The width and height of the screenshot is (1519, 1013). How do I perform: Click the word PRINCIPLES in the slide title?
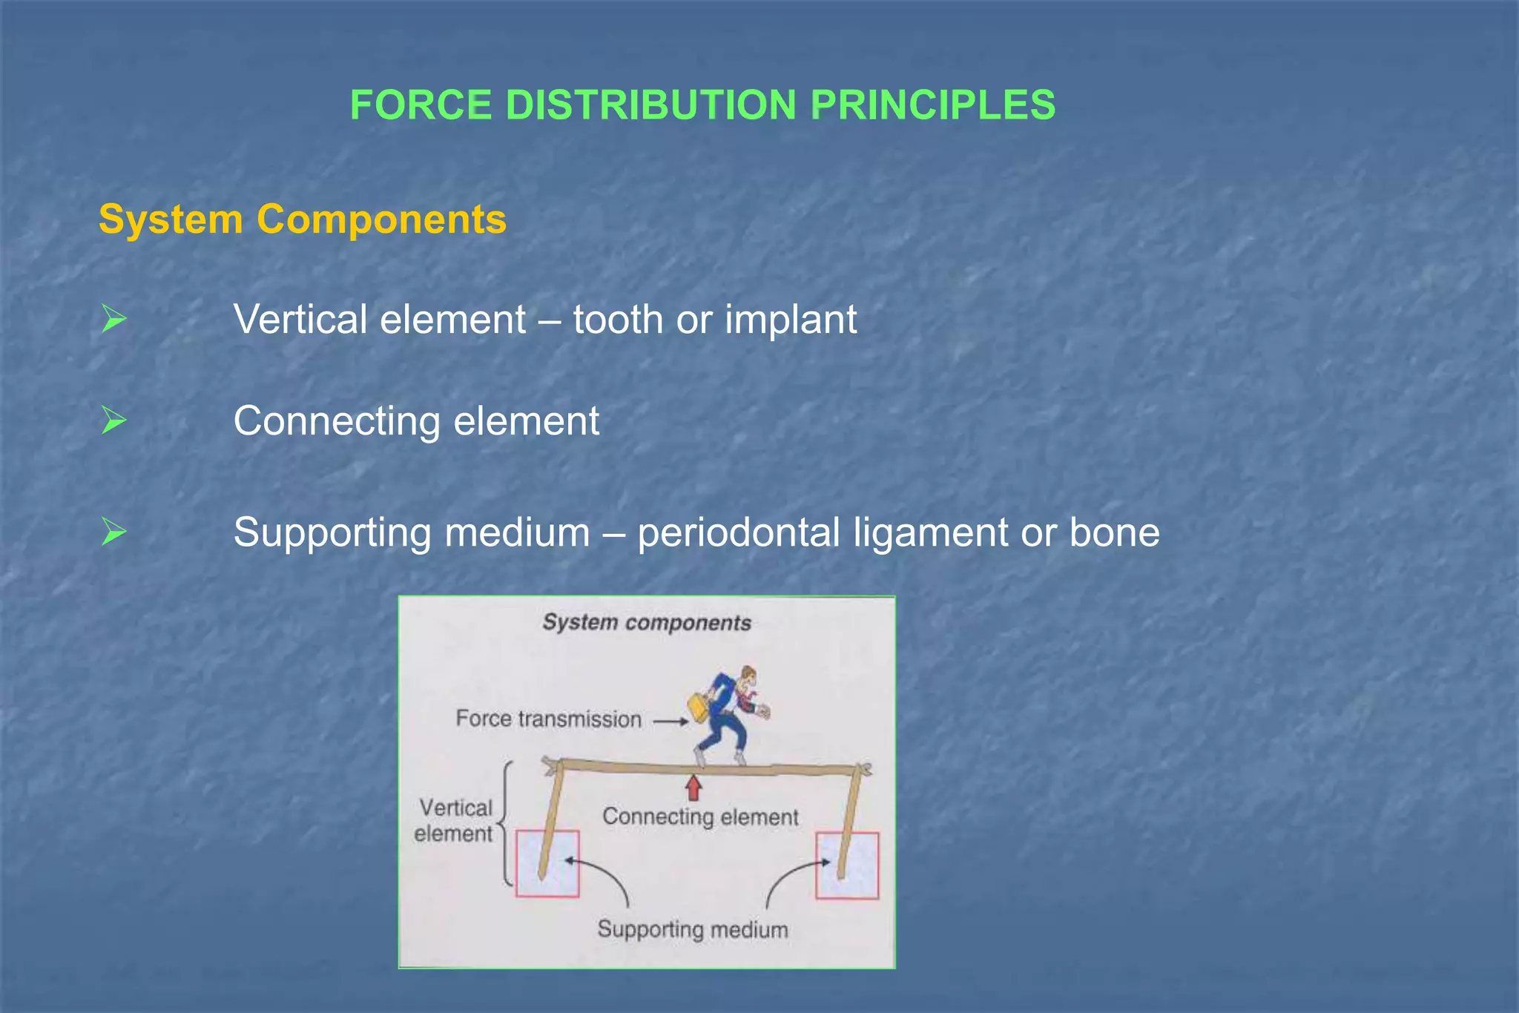932,105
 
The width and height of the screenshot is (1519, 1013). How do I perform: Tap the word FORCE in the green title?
421,105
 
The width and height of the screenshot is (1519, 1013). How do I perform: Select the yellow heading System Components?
303,220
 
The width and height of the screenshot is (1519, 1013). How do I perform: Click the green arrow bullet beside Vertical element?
113,319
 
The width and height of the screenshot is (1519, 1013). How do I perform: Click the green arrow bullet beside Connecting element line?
113,420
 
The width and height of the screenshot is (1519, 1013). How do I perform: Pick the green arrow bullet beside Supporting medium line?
113,532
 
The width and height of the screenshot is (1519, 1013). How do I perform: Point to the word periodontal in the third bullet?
738,532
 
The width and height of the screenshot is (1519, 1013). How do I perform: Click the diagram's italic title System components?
647,622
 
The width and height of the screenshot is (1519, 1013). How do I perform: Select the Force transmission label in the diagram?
548,719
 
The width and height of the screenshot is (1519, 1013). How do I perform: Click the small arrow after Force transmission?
670,721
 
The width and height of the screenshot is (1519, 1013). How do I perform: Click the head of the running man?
748,675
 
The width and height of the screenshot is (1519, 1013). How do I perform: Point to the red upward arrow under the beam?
693,788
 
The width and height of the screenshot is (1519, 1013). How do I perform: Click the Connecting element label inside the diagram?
700,816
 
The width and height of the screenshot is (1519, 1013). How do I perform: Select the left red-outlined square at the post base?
547,864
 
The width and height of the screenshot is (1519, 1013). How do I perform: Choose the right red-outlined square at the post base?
848,865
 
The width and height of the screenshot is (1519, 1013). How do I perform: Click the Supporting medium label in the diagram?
693,929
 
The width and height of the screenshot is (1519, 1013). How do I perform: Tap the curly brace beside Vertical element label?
506,823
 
